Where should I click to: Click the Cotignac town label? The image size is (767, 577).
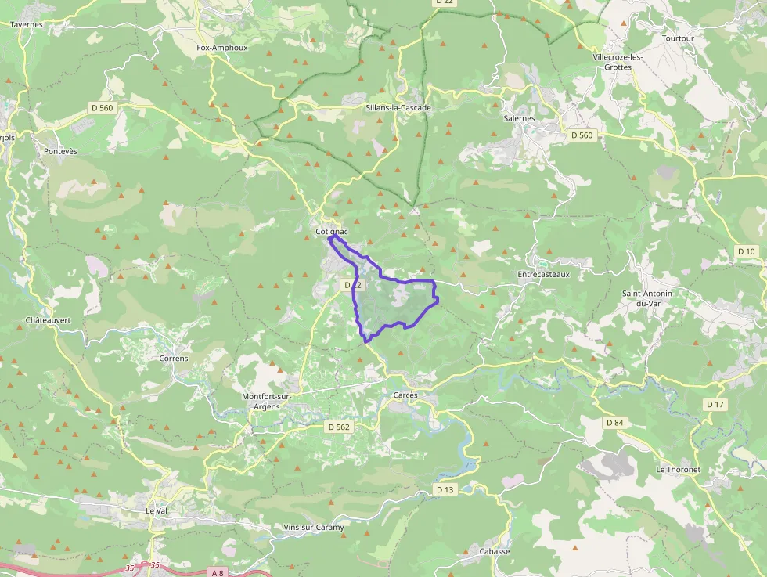click(331, 233)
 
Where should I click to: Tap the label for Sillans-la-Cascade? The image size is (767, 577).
click(399, 108)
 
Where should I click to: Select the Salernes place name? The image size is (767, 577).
click(520, 118)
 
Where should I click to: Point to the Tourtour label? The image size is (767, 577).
click(678, 38)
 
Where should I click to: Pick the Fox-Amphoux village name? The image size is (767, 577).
click(222, 48)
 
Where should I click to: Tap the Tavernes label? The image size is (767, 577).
click(26, 24)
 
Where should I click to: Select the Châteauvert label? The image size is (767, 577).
click(49, 320)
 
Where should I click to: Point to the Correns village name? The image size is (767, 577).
click(174, 359)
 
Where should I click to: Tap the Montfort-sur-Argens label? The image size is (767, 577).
click(266, 402)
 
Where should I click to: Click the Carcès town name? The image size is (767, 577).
click(405, 395)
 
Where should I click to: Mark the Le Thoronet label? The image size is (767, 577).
click(678, 469)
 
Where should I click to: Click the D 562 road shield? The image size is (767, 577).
click(338, 427)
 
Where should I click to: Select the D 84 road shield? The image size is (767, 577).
click(615, 423)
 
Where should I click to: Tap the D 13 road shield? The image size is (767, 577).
click(445, 489)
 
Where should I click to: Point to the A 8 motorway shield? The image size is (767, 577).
click(218, 573)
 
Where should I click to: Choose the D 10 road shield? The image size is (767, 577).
click(747, 251)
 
